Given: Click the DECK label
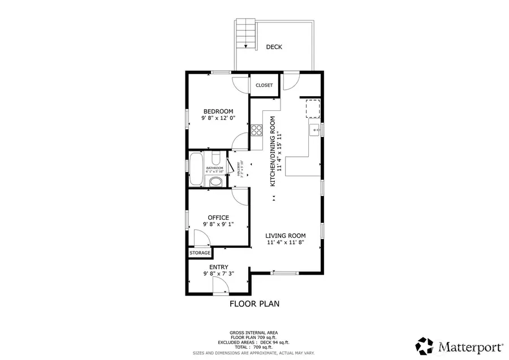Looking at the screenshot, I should pyautogui.click(x=274, y=47).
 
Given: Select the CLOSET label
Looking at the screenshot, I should pyautogui.click(x=264, y=85).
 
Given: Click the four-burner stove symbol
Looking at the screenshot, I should pyautogui.click(x=256, y=130).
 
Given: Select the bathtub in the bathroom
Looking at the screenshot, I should pyautogui.click(x=196, y=169).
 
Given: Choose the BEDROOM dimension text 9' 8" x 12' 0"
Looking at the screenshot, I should pyautogui.click(x=218, y=119).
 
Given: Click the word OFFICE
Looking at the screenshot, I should pyautogui.click(x=218, y=217).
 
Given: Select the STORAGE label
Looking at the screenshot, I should pyautogui.click(x=200, y=252).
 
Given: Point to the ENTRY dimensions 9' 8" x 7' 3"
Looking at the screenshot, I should pyautogui.click(x=218, y=274).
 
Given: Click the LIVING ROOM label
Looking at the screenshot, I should pyautogui.click(x=286, y=235).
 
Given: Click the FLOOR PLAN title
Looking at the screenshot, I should pyautogui.click(x=254, y=304).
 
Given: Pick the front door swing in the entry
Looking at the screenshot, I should pyautogui.click(x=219, y=288).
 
